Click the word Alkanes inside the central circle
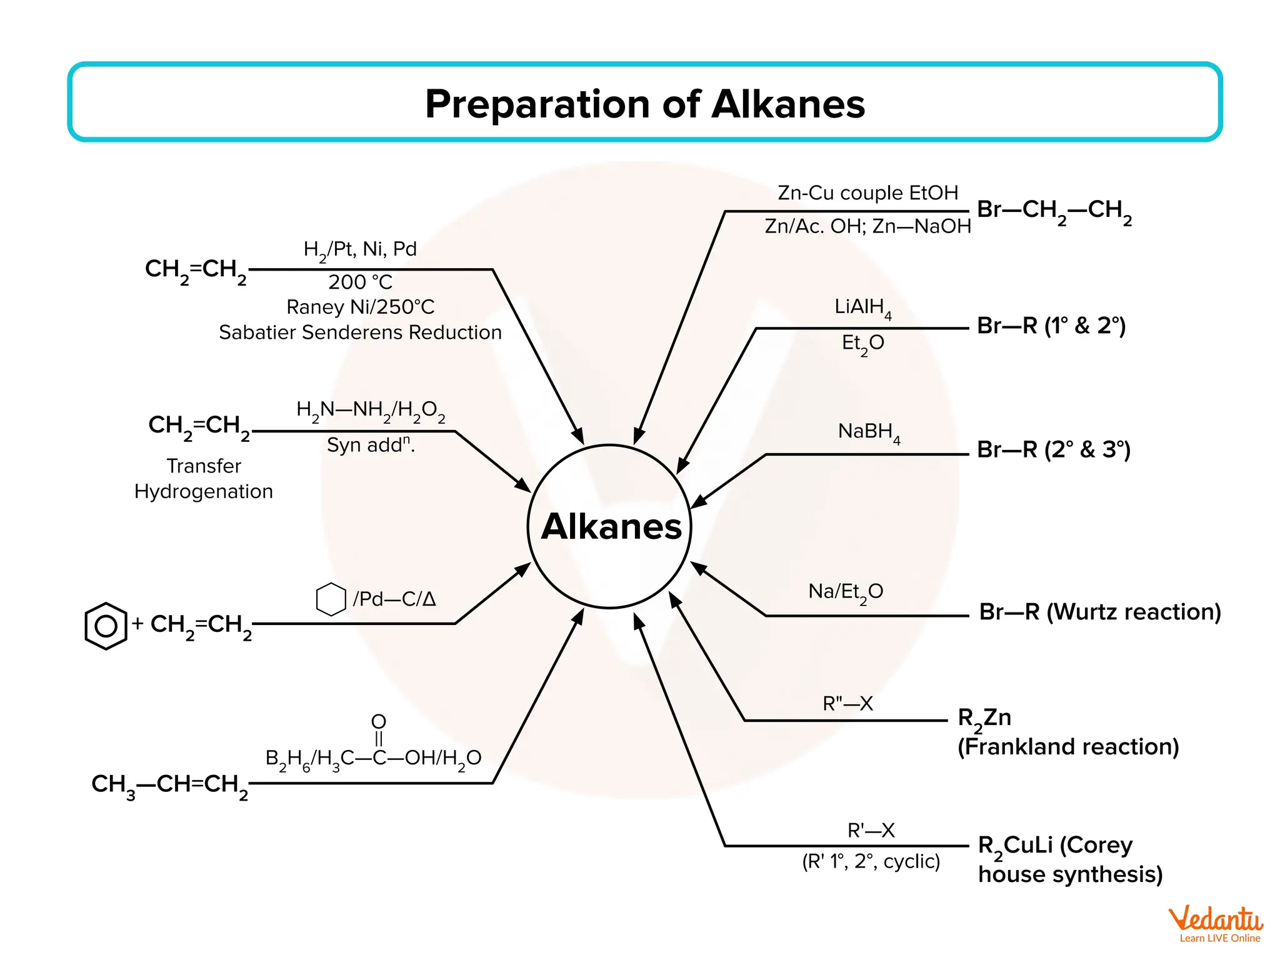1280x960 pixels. [611, 527]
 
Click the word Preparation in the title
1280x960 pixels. [537, 104]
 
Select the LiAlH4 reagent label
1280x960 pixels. [862, 307]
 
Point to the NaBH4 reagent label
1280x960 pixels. [869, 432]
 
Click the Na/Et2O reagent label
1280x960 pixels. [845, 592]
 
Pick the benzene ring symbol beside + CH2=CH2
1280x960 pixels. [106, 626]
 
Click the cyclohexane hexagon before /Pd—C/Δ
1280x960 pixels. [331, 599]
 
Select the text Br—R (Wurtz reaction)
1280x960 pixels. [1099, 612]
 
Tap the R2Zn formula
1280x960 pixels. [984, 718]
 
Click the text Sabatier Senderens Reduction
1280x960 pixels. [360, 332]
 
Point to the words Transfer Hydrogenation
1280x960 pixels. [204, 479]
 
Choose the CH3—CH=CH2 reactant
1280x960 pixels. [169, 784]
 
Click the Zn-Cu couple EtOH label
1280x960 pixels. [867, 193]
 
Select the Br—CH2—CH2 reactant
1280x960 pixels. [1054, 210]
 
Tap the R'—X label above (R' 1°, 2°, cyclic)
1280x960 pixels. [871, 831]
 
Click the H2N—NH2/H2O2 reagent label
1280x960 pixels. [370, 411]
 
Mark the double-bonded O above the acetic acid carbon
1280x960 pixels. [379, 722]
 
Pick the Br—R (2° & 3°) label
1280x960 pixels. [1054, 450]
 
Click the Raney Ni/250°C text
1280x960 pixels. [360, 307]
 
